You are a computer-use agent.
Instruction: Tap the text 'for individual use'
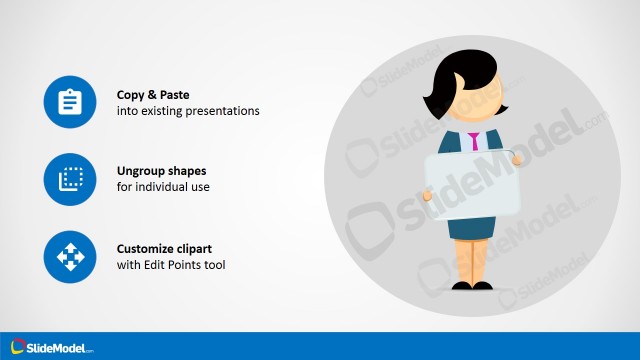coord(163,187)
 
